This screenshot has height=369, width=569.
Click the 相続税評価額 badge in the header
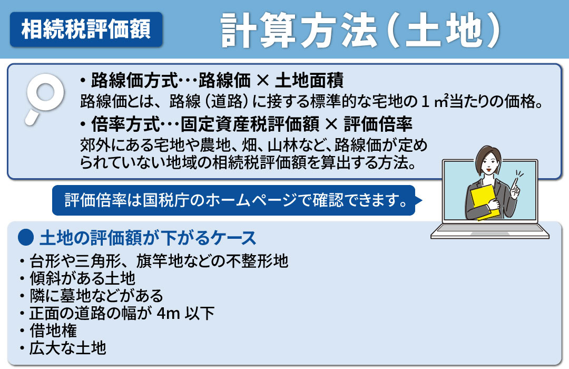(86, 29)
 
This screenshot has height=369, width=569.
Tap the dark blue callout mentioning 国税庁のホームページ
(234, 200)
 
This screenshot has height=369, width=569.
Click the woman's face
(485, 161)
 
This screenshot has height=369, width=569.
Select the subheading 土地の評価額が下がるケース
(148, 238)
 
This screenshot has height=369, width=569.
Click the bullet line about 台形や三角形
(153, 261)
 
